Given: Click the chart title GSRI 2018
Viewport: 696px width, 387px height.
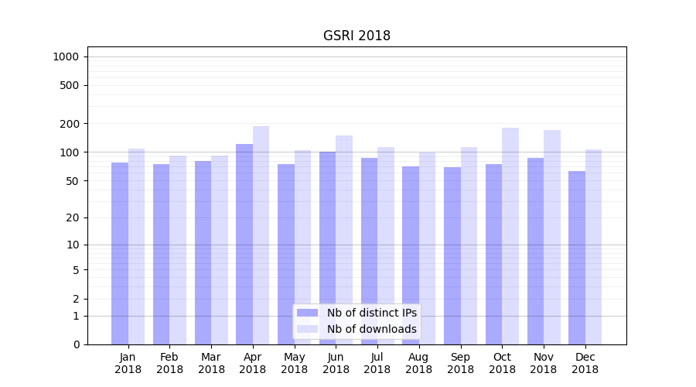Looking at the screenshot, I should click(357, 36).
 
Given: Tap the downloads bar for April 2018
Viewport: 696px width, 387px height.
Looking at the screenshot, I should click(261, 232).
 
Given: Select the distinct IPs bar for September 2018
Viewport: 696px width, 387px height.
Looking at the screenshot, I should click(452, 255).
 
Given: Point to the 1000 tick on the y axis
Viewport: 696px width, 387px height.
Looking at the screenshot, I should click(66, 57).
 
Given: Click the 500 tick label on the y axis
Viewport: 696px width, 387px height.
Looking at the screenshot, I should click(69, 85).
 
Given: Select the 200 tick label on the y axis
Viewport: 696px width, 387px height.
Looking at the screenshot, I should click(69, 124).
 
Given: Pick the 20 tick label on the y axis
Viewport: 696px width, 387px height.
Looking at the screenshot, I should click(72, 217).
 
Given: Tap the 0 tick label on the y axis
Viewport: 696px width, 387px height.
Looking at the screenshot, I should click(75, 344).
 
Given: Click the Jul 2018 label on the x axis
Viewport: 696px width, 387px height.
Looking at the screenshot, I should click(377, 363).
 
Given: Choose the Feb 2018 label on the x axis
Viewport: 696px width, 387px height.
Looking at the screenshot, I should click(169, 363).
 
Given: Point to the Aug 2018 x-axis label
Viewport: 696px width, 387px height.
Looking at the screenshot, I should click(419, 363).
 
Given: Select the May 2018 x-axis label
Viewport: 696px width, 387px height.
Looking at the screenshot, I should click(295, 363).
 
